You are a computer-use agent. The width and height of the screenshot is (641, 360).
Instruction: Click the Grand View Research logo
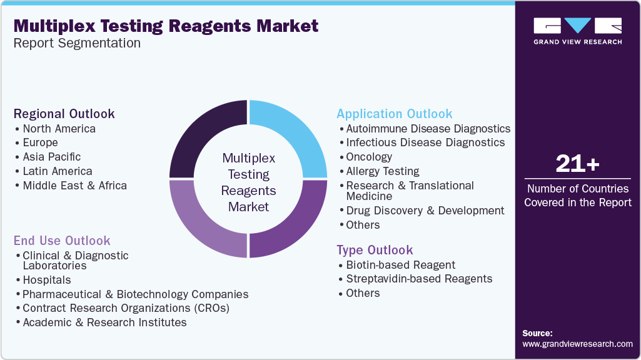pos(577,31)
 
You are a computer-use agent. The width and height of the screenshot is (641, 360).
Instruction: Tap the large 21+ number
pos(577,164)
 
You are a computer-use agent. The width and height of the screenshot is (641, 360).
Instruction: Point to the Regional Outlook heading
pos(64,114)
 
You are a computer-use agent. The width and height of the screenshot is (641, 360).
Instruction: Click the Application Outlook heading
pos(394,114)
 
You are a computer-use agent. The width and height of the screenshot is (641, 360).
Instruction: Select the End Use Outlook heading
pos(62,241)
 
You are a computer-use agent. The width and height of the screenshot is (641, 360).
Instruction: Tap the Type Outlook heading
pos(375,250)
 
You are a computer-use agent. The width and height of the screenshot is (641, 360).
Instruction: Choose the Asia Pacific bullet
pos(51,157)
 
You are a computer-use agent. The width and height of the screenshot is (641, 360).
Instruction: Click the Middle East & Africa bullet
pos(74,186)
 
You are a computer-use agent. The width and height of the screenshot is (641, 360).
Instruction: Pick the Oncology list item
pos(369,157)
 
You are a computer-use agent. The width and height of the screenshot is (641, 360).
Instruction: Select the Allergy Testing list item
pos(383,171)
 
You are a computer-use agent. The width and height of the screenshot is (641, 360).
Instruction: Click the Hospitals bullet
pos(46,280)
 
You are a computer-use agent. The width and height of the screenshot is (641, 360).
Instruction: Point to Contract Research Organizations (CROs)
pos(126,308)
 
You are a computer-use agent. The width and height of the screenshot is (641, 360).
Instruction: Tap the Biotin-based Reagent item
pos(400,265)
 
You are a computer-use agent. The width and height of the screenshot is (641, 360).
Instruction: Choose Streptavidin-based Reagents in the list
pos(419,279)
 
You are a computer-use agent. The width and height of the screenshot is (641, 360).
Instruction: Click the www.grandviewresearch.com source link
pos(577,344)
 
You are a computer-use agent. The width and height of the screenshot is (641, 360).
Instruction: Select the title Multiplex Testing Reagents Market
pos(166,26)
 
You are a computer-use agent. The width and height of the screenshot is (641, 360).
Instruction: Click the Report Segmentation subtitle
pos(77,43)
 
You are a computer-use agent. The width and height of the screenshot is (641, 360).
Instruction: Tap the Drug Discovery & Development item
pos(425,211)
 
